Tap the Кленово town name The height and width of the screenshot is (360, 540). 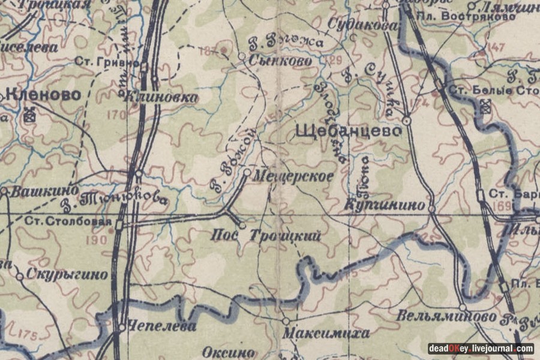pos(43,94)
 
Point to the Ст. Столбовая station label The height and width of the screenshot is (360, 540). pos(68,221)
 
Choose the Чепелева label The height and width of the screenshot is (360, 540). pos(161,327)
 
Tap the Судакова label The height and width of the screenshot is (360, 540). pos(363,25)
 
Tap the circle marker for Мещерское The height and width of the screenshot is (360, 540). pos(247,173)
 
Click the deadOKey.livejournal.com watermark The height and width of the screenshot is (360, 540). pos(481,349)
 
